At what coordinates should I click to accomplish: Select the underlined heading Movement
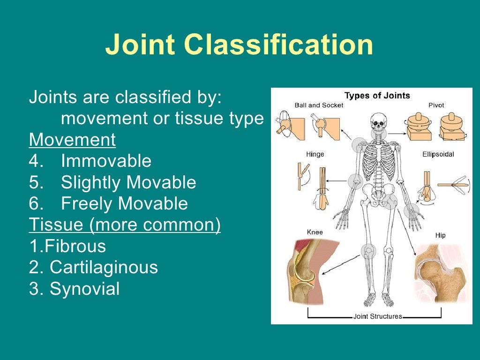tap(72, 140)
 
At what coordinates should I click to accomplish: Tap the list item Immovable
tap(106, 161)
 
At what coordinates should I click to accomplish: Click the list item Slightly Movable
tap(128, 182)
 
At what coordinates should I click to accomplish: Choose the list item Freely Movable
tap(124, 203)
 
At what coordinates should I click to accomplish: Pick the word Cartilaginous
tap(104, 267)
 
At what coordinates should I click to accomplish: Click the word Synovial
tap(84, 289)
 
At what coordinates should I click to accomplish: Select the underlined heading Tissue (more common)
tap(125, 225)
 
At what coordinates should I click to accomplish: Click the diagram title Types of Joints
tap(377, 96)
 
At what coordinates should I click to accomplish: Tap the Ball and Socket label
tap(319, 105)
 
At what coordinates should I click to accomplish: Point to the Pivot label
tap(436, 105)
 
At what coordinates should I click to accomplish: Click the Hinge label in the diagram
tap(315, 154)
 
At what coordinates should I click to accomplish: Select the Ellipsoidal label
tap(438, 154)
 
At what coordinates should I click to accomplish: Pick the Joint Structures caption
tap(377, 316)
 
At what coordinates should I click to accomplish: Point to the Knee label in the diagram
tap(315, 232)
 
